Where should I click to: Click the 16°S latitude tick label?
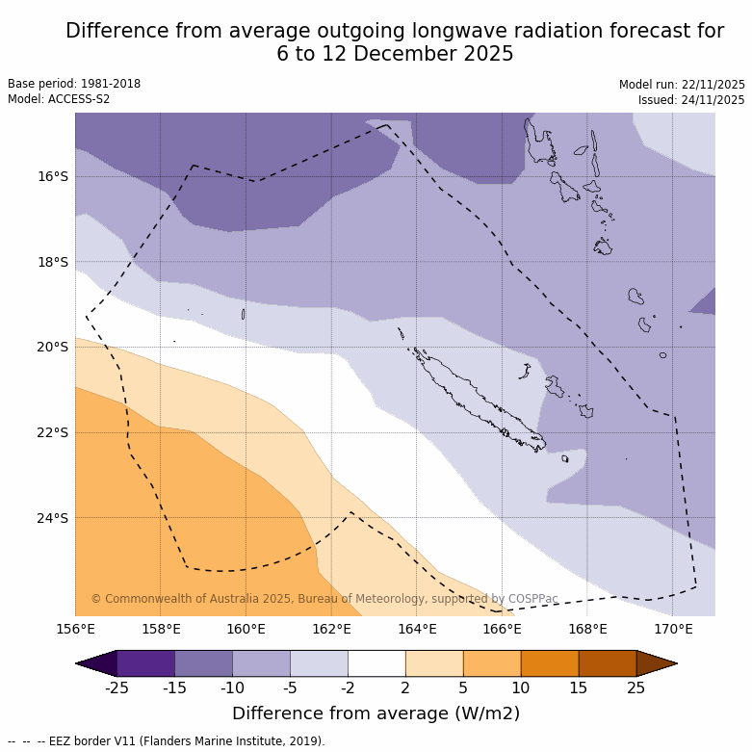(53, 176)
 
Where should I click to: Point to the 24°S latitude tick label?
(53, 518)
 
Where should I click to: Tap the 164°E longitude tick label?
(417, 630)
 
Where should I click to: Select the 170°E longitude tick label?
(673, 630)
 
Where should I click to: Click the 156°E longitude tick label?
(75, 630)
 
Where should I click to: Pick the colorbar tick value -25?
(117, 687)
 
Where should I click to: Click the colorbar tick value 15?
(579, 687)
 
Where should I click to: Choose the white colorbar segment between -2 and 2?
(376, 663)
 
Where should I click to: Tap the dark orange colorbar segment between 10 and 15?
(550, 663)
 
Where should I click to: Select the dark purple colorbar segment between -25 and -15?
(145, 663)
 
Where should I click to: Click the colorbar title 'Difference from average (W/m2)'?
(376, 713)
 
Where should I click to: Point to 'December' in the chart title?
(400, 54)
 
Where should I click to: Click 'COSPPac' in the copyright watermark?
(532, 599)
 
